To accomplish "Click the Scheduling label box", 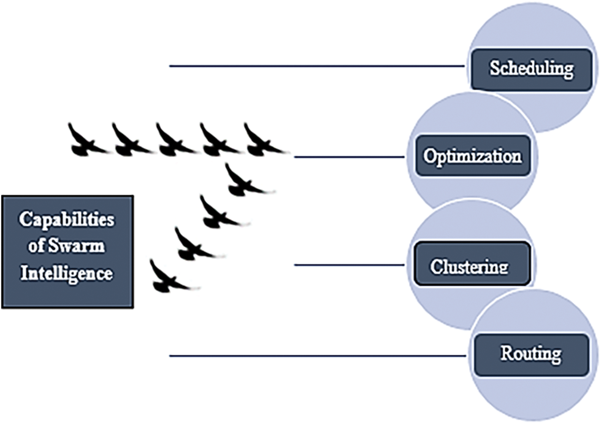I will [x=531, y=67].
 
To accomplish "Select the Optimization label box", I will [x=472, y=156].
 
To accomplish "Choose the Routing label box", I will [x=531, y=354].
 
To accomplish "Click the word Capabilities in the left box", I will [x=67, y=220].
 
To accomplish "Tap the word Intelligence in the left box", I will [x=67, y=272].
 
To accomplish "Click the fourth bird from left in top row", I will [x=217, y=140].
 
